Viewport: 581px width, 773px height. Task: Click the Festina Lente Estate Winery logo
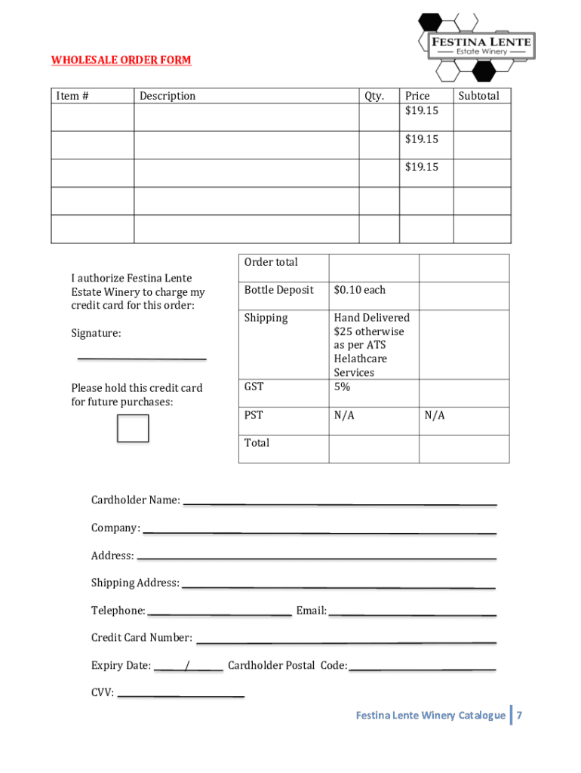click(x=476, y=47)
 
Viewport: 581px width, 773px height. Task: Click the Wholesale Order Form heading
click(x=121, y=60)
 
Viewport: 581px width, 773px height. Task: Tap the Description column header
click(x=167, y=96)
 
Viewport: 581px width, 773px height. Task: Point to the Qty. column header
click(x=374, y=96)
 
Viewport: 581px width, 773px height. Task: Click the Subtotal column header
click(x=479, y=96)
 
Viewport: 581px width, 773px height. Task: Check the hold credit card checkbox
click(x=133, y=428)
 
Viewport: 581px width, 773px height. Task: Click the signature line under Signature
click(x=141, y=357)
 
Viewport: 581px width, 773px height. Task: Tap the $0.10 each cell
click(x=360, y=291)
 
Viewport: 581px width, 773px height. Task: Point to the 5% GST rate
click(x=343, y=386)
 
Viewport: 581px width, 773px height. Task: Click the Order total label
click(x=271, y=263)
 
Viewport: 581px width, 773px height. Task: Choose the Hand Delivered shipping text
click(x=372, y=318)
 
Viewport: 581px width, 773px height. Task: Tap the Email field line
click(x=412, y=614)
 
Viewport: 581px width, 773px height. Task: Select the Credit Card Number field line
click(x=346, y=642)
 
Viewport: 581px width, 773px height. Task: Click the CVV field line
click(x=181, y=694)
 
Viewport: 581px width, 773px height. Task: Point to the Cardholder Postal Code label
click(x=287, y=666)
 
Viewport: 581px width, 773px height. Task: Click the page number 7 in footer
click(x=520, y=716)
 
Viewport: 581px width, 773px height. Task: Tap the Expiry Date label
click(x=121, y=666)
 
